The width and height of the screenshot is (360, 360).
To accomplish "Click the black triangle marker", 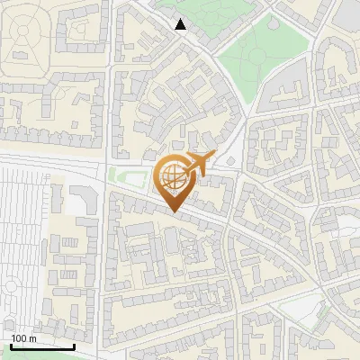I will click(181, 24).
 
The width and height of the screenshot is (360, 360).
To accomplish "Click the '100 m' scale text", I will click(23, 338).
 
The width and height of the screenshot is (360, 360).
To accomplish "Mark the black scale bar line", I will click(42, 346).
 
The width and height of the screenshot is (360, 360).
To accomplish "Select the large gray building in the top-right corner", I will click(349, 13).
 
